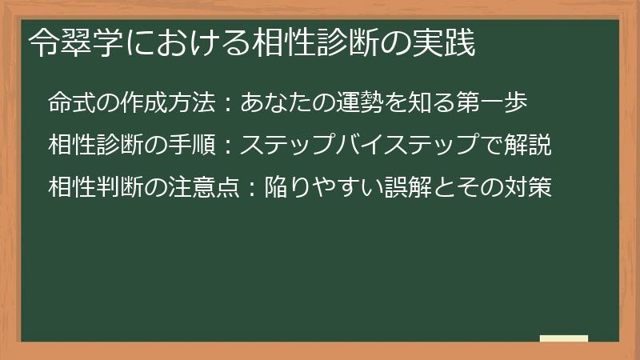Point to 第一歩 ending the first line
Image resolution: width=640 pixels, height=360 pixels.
(496, 102)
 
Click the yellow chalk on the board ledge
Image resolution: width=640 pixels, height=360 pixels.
(564, 338)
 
